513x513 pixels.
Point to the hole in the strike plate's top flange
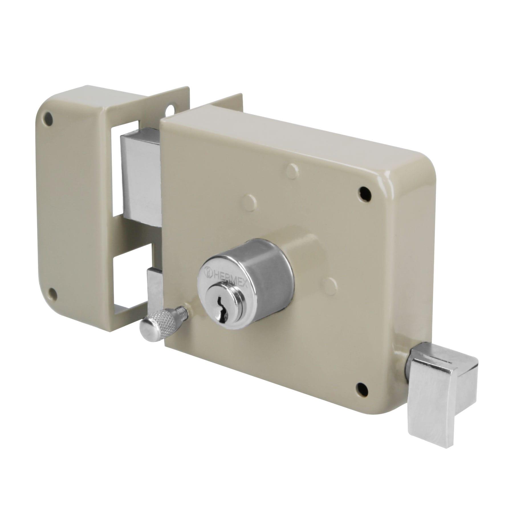[x=173, y=110]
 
